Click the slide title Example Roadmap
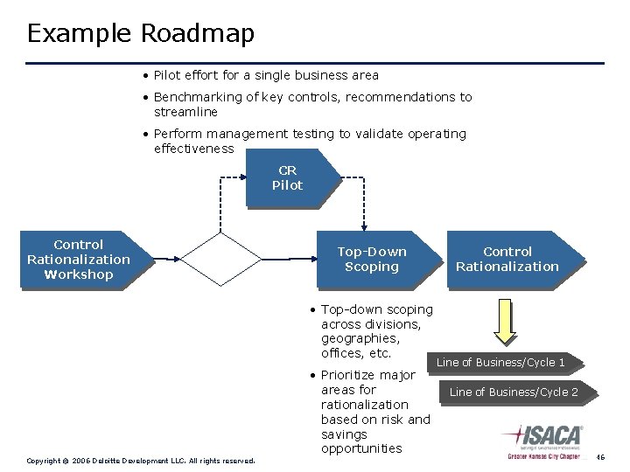(x=141, y=33)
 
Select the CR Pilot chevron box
(x=290, y=178)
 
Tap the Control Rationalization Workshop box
(x=78, y=260)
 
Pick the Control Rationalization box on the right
(x=507, y=260)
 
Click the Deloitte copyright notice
(x=141, y=460)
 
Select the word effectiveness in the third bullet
(x=193, y=149)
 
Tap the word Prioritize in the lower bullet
(x=353, y=375)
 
